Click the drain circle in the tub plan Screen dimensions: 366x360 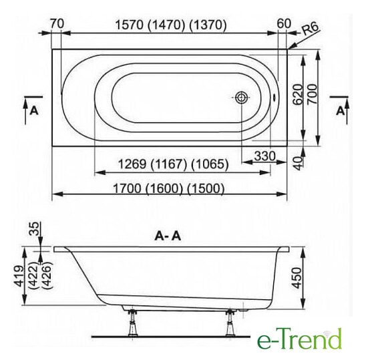tap(241, 98)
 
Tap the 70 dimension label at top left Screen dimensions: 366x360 tap(57, 23)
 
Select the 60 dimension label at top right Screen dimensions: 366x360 tap(285, 23)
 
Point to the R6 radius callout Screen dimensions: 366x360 tap(310, 29)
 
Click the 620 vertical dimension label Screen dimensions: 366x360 tap(298, 95)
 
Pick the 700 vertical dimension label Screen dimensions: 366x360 tap(313, 94)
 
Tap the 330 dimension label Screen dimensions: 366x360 tap(265, 156)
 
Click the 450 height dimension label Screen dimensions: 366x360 tap(297, 278)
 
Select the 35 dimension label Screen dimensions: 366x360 tap(34, 229)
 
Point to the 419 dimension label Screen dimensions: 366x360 tap(19, 276)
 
